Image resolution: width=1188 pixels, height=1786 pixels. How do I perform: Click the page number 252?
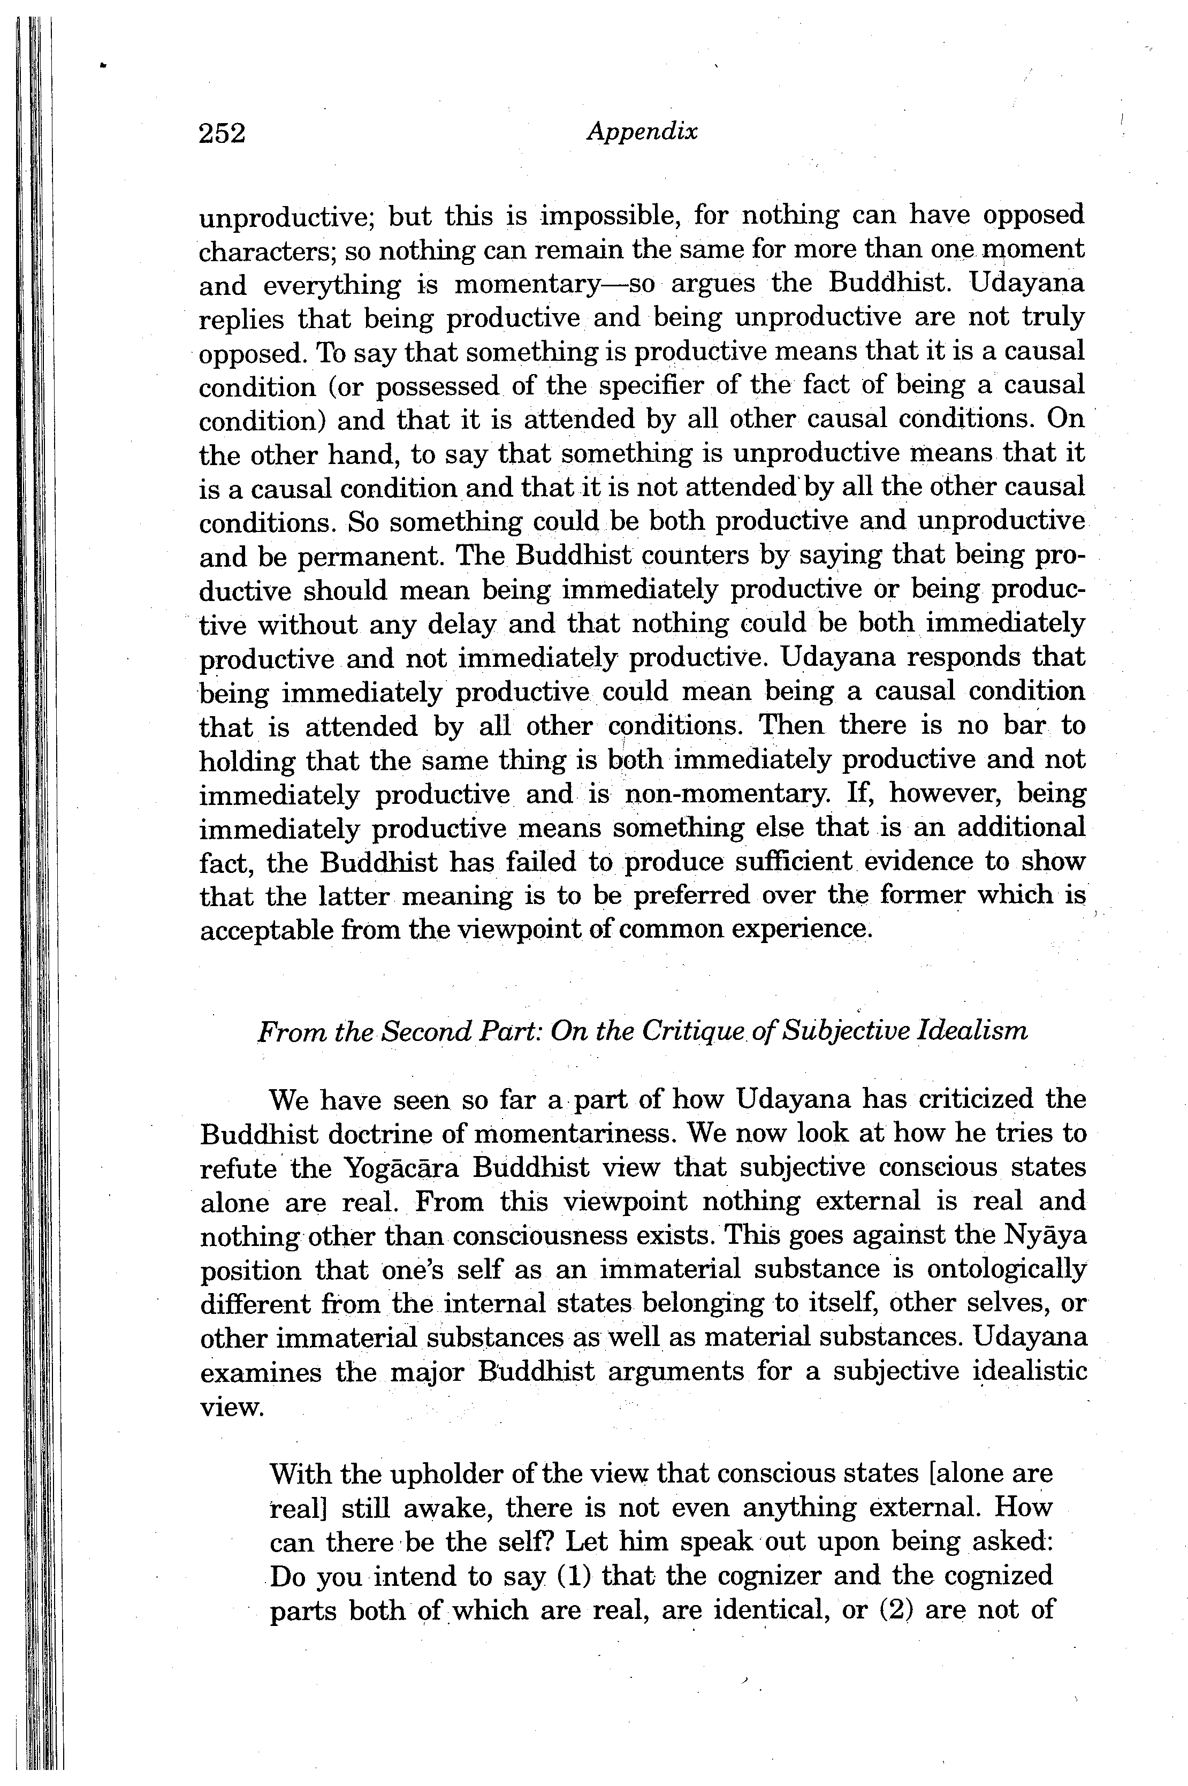(x=222, y=133)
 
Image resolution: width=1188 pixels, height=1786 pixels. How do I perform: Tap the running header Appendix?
(x=642, y=132)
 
